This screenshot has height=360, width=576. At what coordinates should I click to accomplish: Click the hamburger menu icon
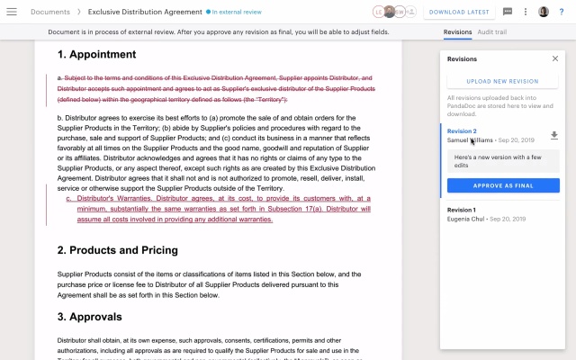(x=13, y=12)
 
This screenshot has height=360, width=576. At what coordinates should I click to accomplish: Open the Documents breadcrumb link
(x=50, y=12)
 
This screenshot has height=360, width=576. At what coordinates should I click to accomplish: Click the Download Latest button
(x=459, y=12)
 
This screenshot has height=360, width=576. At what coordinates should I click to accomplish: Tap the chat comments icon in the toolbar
(x=508, y=12)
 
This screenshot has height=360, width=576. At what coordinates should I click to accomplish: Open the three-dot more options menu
(x=525, y=12)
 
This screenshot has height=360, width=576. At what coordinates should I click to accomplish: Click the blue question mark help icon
(x=562, y=12)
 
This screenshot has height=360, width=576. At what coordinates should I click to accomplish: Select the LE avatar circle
(x=379, y=12)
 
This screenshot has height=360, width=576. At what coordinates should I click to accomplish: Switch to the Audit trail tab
(x=491, y=31)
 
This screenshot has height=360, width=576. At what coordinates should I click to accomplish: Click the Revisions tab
(x=457, y=31)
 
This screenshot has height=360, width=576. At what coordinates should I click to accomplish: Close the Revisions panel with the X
(x=554, y=58)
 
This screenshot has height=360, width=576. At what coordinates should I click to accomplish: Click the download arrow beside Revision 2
(x=554, y=135)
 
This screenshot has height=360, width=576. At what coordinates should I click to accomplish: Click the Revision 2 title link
(x=462, y=131)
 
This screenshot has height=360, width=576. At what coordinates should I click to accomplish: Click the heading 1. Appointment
(x=96, y=55)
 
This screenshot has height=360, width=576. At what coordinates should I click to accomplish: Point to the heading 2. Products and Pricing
(x=117, y=250)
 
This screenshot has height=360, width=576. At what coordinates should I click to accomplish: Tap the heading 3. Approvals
(x=89, y=317)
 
